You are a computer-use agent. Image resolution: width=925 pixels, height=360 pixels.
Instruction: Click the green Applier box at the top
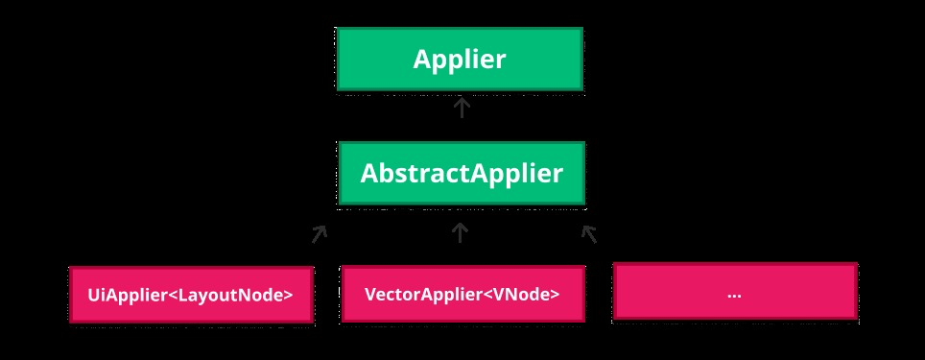click(459, 60)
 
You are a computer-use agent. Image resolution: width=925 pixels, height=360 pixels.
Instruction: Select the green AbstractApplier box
click(461, 174)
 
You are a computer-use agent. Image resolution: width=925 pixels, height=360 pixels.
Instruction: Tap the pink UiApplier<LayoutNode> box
click(191, 295)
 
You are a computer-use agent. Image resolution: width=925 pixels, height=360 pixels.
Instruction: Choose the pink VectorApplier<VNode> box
click(462, 295)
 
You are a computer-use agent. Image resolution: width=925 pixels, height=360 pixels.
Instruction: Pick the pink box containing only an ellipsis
click(734, 291)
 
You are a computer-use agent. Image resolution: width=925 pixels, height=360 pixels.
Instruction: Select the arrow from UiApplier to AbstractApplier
click(319, 233)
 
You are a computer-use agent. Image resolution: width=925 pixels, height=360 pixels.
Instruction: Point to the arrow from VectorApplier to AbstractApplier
click(461, 232)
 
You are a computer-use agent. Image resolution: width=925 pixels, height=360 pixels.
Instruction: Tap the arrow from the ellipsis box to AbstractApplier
click(590, 233)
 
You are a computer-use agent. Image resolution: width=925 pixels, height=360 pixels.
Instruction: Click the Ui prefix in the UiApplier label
click(95, 295)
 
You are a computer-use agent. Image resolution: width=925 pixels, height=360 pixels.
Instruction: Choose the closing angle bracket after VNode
click(555, 295)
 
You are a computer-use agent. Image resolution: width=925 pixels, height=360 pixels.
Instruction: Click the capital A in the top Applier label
click(422, 60)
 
